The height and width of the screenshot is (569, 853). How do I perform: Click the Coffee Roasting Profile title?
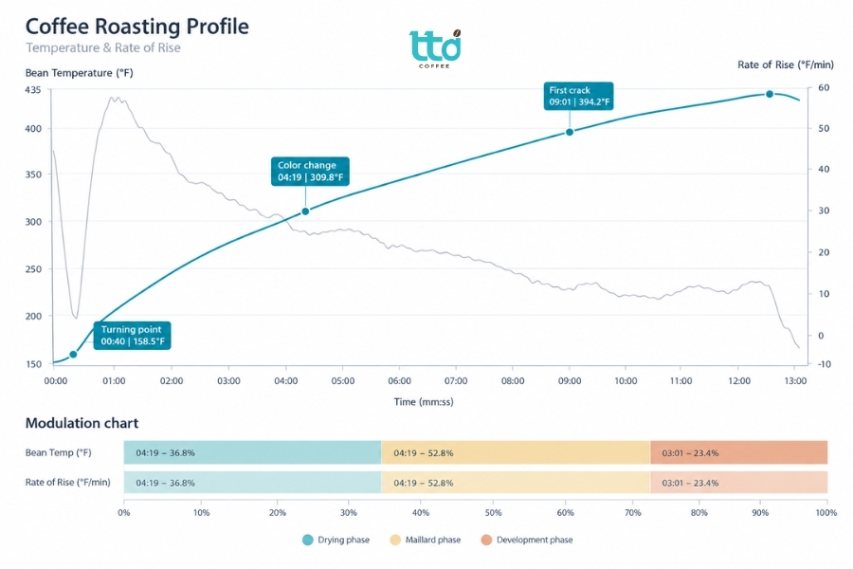tap(137, 27)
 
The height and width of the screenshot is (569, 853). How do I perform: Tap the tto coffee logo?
tap(435, 49)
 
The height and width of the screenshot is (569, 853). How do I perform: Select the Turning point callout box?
tap(132, 336)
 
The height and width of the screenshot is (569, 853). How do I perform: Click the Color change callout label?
tap(310, 171)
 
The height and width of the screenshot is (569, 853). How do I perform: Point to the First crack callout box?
tap(579, 96)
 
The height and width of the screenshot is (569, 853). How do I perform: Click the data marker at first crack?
tap(570, 132)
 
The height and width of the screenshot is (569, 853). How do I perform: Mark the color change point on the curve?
tap(305, 211)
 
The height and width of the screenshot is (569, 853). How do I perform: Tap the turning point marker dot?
tap(73, 355)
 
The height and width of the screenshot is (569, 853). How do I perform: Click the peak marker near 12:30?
tap(770, 94)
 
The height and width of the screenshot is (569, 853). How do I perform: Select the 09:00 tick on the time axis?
tap(570, 380)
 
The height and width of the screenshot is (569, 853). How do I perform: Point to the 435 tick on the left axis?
tap(32, 90)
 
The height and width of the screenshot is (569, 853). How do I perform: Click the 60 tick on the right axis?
tap(824, 87)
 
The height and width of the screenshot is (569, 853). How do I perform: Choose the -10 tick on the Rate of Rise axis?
tap(825, 364)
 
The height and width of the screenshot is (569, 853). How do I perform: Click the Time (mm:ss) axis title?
tap(424, 402)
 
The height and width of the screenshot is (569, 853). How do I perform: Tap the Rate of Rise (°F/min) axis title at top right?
tap(786, 64)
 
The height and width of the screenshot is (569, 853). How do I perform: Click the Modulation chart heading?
tap(82, 423)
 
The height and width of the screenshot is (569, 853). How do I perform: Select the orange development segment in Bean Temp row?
tap(738, 452)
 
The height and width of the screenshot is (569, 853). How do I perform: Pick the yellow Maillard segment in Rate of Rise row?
tap(516, 483)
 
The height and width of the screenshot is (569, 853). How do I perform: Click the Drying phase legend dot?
tap(308, 540)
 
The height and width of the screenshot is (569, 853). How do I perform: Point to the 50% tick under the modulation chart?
tap(493, 512)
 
